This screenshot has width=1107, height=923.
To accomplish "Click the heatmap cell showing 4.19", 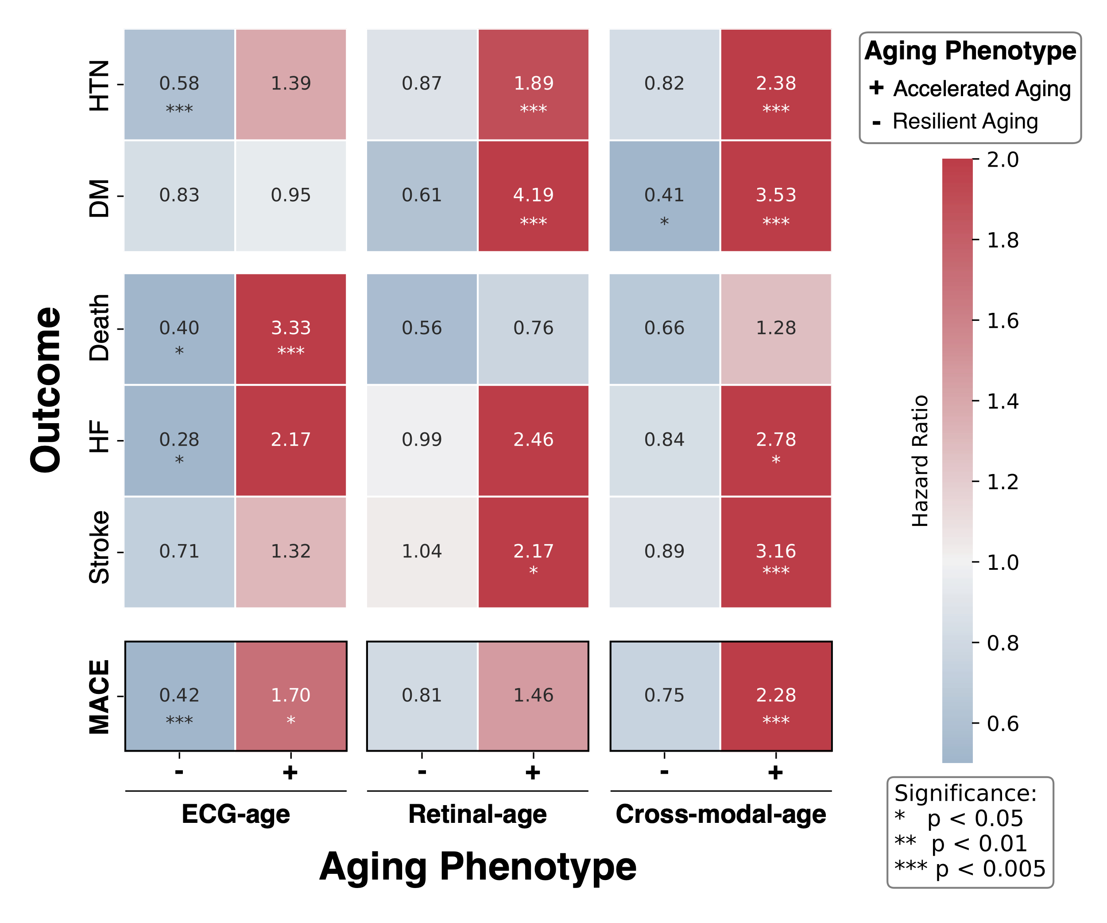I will tap(533, 196).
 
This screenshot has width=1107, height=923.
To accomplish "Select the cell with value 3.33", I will tap(290, 329).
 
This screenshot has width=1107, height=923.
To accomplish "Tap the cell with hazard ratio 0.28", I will tap(179, 440).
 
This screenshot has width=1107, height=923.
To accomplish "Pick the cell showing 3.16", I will tap(775, 552).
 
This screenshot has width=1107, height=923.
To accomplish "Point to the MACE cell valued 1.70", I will tap(290, 696).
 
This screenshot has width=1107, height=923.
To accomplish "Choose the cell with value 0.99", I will tap(422, 440).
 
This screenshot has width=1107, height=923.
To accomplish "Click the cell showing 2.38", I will tap(775, 84).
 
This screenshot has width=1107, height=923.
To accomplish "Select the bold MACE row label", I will tap(99, 697).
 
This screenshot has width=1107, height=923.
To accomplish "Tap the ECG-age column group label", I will tap(236, 814).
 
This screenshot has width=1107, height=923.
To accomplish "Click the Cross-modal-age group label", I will tap(720, 814).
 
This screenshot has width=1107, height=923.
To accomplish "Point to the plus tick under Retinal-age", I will tap(533, 772).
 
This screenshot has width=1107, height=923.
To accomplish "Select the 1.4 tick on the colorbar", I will tap(1002, 401).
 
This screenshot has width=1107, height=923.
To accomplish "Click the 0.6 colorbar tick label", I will tap(1002, 724).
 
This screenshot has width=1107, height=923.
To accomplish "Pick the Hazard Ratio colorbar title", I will tap(920, 460).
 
